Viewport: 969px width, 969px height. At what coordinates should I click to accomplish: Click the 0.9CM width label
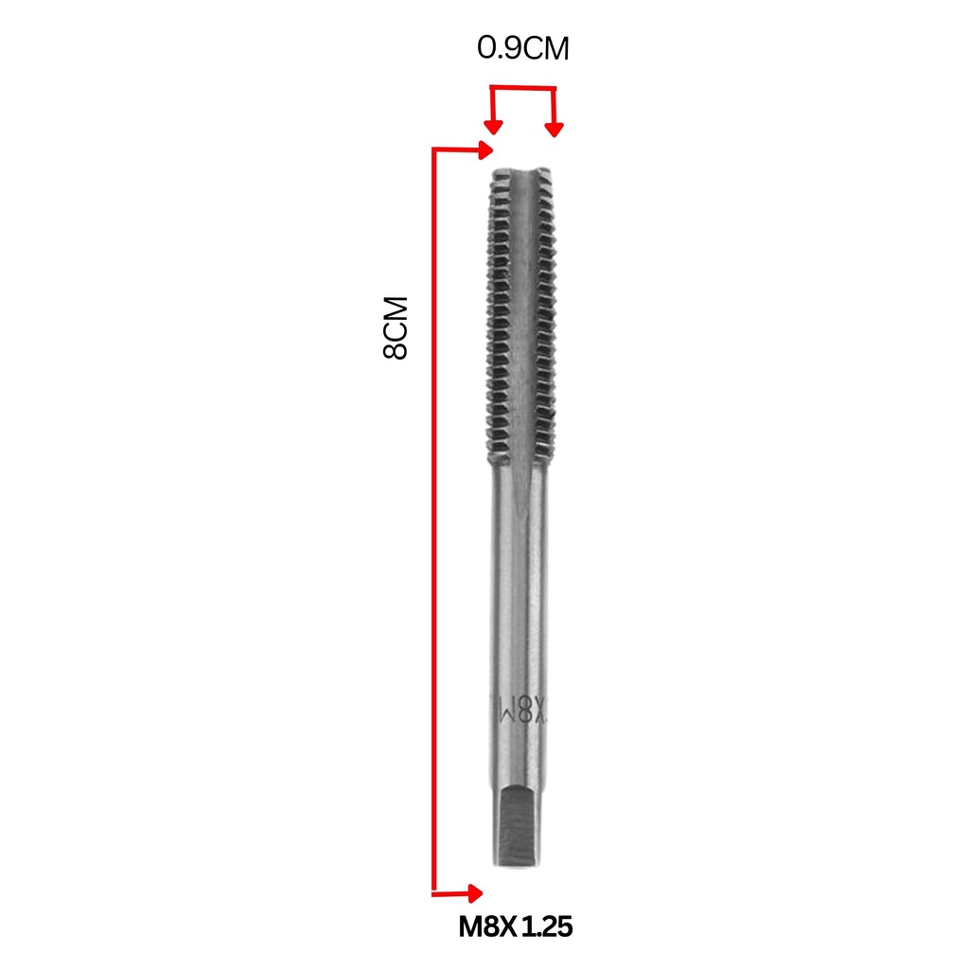(522, 48)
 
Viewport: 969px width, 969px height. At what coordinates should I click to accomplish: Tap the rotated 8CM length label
(396, 327)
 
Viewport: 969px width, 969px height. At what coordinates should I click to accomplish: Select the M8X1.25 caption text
(516, 927)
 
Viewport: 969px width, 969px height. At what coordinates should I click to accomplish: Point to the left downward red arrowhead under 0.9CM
(492, 128)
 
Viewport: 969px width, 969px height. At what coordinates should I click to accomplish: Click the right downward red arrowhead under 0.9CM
(554, 130)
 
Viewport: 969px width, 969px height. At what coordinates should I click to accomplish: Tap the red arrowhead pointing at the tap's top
(486, 150)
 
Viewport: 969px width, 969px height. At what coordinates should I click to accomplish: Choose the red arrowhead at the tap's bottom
(476, 893)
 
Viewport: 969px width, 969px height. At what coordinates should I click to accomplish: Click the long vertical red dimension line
(433, 521)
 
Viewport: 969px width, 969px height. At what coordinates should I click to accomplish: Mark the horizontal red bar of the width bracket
(522, 88)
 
